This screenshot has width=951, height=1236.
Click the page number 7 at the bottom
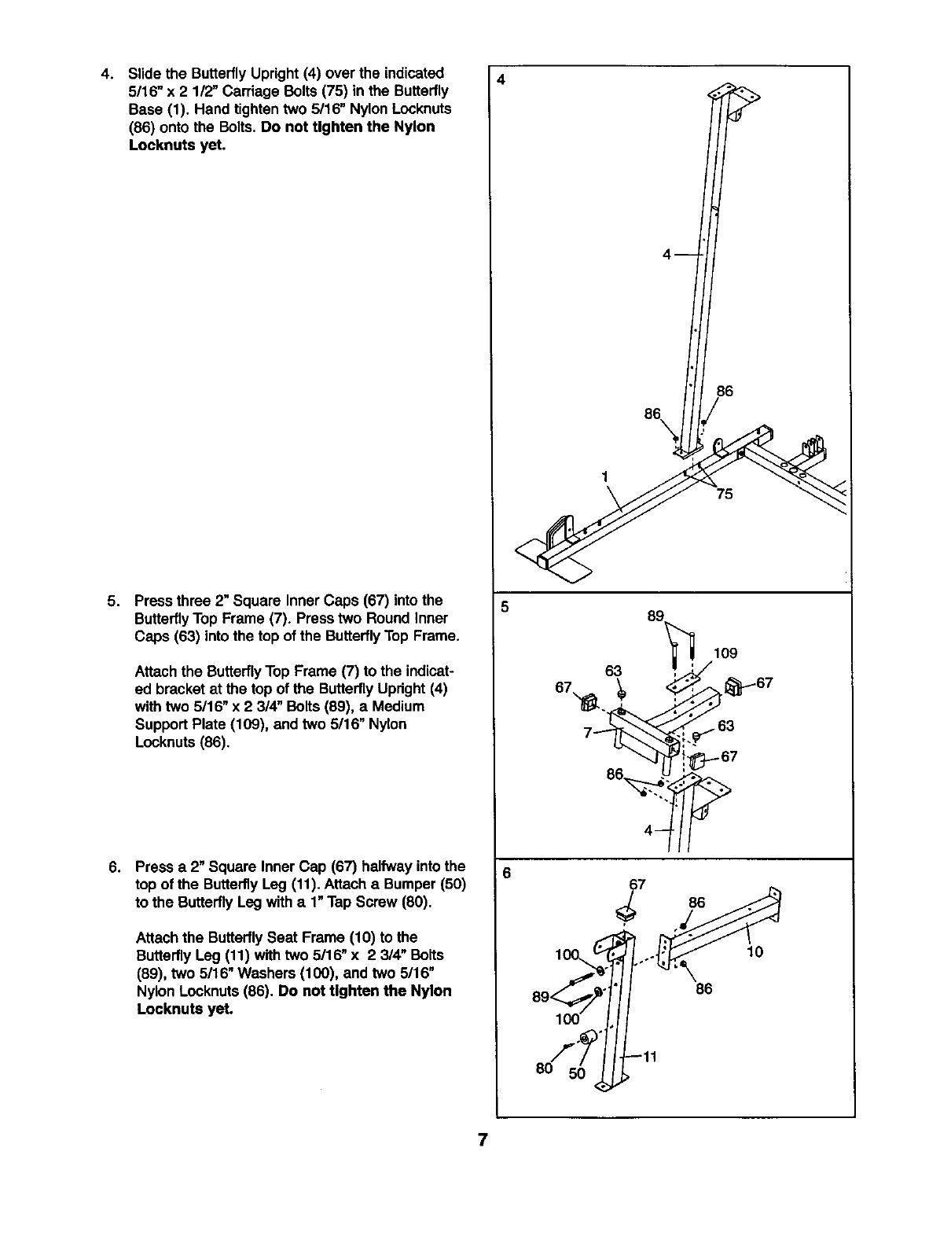(x=483, y=1140)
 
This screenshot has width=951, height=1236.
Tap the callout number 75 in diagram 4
(x=724, y=494)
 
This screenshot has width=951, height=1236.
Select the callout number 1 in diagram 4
(x=605, y=477)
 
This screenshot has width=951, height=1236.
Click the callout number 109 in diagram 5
(x=725, y=653)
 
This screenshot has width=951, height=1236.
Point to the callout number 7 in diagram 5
(x=588, y=732)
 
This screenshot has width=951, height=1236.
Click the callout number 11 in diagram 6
(x=649, y=1058)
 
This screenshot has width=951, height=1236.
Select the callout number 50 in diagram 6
(x=577, y=1073)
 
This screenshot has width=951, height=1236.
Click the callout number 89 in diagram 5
(x=655, y=616)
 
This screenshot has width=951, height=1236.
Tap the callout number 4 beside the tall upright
(x=667, y=254)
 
